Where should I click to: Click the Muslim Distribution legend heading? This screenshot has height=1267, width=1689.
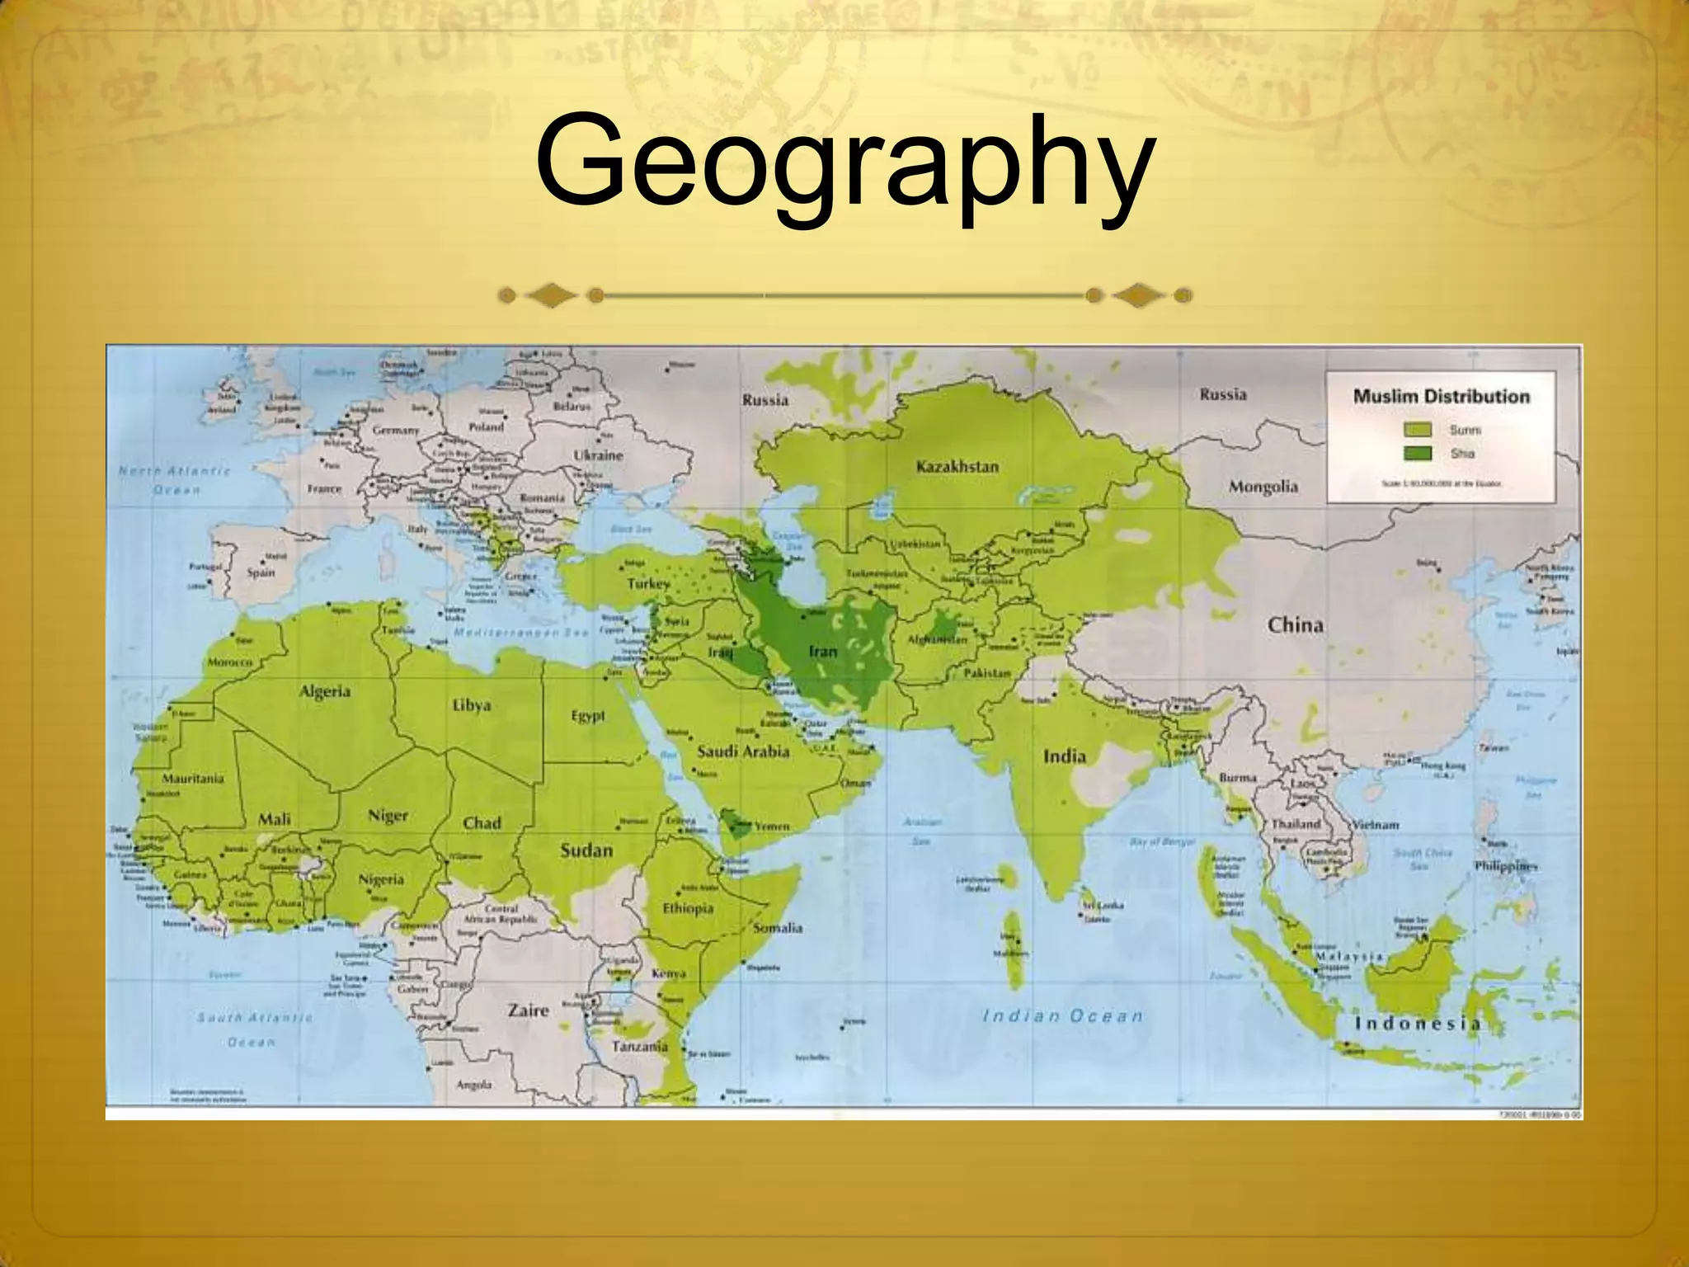tap(1441, 397)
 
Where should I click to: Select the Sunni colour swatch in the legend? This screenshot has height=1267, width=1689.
tap(1418, 430)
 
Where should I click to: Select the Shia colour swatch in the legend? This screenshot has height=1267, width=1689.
tap(1418, 454)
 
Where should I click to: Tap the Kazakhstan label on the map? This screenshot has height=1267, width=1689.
tap(957, 467)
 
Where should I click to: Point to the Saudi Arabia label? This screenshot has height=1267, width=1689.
tap(743, 751)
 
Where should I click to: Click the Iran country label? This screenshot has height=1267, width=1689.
tap(822, 652)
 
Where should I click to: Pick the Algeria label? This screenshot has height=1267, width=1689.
tap(324, 691)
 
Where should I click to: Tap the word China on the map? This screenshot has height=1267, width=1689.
tap(1295, 625)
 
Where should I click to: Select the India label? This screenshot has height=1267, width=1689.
tap(1064, 756)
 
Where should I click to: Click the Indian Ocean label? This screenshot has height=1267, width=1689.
tap(1063, 1016)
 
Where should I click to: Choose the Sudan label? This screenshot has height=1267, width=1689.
tap(586, 850)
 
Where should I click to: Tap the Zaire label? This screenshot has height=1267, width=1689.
tap(528, 1010)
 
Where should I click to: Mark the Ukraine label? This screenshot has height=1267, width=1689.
tap(598, 455)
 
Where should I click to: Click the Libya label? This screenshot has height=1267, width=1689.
tap(472, 705)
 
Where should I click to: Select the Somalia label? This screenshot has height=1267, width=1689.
tap(778, 928)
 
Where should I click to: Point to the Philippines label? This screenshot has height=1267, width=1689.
tap(1506, 866)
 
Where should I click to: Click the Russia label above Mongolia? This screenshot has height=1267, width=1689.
tap(1222, 394)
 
